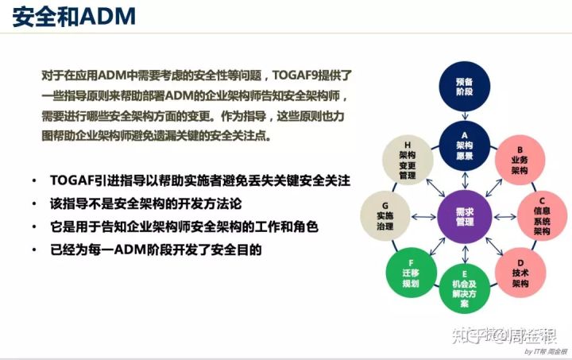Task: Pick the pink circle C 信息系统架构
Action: click(541, 215)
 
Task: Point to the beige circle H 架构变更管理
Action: click(408, 158)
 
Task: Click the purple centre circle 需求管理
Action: click(464, 216)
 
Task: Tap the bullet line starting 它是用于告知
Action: click(183, 226)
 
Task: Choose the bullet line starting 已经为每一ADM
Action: click(155, 249)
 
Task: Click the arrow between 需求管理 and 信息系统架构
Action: click(504, 216)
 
